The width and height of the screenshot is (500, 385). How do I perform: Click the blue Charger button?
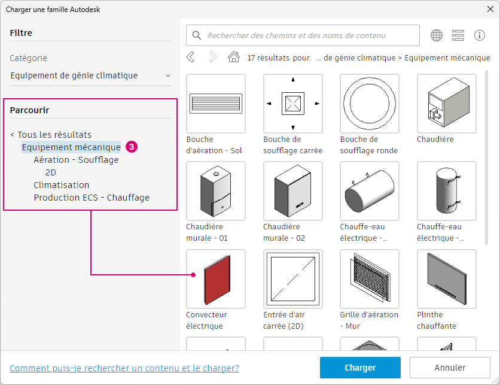coord(360,368)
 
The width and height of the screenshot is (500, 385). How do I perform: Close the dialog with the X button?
coord(490,9)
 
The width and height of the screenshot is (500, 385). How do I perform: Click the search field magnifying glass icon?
coord(197,35)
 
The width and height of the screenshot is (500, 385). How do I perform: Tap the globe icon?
coord(437,35)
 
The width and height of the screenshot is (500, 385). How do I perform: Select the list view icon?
coord(458,35)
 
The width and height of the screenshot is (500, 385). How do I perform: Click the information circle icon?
coord(480,35)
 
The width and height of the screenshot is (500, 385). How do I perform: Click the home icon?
coord(234,57)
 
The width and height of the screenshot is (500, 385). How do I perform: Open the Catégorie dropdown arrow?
coord(168,75)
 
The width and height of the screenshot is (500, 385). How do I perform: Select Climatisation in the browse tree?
coord(62,185)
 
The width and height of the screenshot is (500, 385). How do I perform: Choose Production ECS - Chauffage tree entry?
coord(92,198)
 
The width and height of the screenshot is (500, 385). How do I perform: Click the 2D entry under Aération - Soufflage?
coord(51,172)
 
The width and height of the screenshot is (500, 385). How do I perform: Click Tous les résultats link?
coord(51,134)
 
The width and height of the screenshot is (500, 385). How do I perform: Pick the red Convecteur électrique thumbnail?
coord(216,279)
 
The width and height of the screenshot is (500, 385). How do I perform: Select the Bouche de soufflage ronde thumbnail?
coord(370,104)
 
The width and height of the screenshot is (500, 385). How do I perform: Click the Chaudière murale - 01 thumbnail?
coord(216,191)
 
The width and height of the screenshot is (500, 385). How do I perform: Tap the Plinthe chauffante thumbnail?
coord(447,279)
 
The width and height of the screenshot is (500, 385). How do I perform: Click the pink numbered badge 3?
coord(132,147)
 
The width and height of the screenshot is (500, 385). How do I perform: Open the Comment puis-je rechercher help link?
coord(124,368)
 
